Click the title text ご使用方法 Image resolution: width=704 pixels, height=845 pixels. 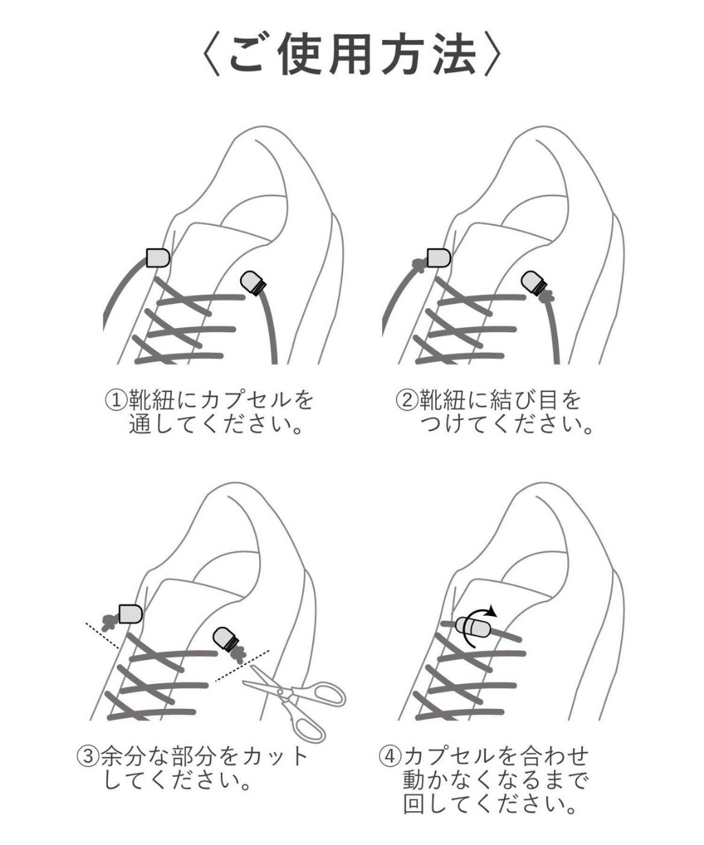click(x=352, y=54)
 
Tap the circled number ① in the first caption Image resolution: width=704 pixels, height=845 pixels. click(x=113, y=399)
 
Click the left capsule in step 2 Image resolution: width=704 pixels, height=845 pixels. click(x=437, y=257)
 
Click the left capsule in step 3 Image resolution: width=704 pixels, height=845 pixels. click(x=130, y=613)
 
